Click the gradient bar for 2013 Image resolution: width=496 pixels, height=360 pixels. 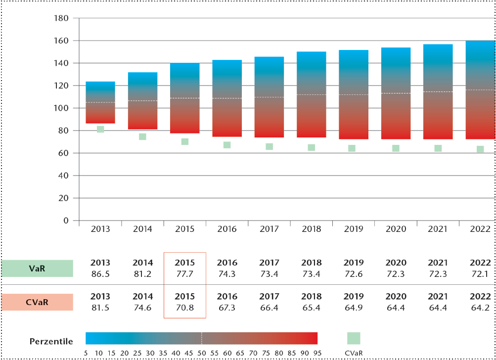pos(100,102)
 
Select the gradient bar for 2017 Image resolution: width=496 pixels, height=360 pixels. pos(269,97)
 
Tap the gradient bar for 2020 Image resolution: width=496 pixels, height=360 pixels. pos(396,93)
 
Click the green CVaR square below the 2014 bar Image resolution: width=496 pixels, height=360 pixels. pos(142,136)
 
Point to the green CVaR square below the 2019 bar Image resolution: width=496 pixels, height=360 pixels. pos(352,148)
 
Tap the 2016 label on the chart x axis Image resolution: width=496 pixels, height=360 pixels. pos(227,229)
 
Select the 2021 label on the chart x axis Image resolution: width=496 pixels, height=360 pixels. pos(438,229)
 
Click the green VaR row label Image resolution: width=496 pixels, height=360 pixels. pos(37,268)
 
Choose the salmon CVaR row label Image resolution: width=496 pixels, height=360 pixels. pos(37,302)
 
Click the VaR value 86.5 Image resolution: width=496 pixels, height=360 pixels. pos(100,273)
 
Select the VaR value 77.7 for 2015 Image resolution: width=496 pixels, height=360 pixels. pos(185,273)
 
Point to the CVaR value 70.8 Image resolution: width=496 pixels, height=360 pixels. pos(185,308)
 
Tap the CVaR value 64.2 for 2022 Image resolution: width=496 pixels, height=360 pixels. pos(480,308)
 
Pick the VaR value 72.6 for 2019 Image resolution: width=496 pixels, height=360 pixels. pos(354,273)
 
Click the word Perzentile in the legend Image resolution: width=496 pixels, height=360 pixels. pos(51,341)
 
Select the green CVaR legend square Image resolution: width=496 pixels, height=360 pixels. pos(354,338)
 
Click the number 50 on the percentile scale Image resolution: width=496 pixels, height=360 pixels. pos(201,352)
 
